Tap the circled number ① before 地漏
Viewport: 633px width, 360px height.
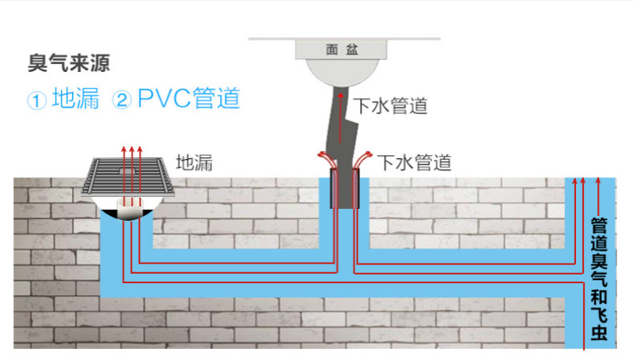tap(37, 100)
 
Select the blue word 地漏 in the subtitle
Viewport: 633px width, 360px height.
tap(76, 100)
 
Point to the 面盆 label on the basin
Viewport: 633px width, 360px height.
tap(342, 49)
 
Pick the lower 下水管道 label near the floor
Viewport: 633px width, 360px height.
tap(414, 163)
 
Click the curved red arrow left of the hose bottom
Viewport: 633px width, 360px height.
tap(325, 157)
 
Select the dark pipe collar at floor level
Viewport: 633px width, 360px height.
tap(345, 188)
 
